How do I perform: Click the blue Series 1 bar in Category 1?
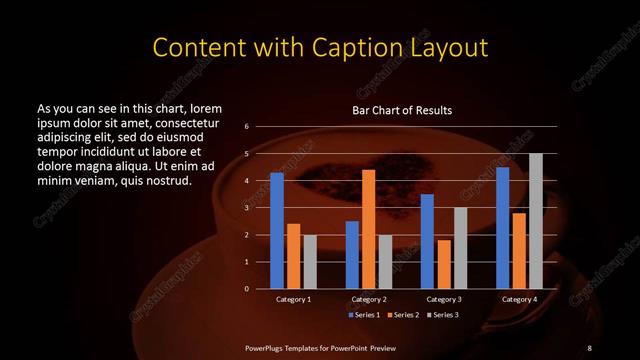click(x=276, y=231)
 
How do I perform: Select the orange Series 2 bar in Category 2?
click(x=368, y=229)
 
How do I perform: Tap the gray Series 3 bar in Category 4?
click(x=535, y=221)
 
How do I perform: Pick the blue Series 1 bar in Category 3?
click(x=427, y=241)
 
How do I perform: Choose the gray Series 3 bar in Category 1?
click(x=309, y=262)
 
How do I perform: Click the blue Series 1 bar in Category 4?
click(x=502, y=228)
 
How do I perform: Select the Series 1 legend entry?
click(x=363, y=315)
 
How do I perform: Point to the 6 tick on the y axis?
click(x=246, y=127)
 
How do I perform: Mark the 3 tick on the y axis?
click(x=246, y=208)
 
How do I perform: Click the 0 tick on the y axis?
click(x=246, y=289)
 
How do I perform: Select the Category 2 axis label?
click(x=368, y=299)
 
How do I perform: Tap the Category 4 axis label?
click(x=518, y=299)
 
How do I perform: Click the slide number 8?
click(x=590, y=347)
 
